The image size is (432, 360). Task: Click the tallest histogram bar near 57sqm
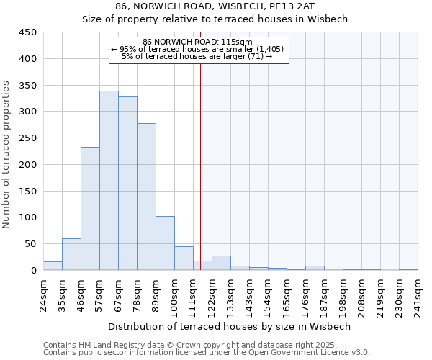(109, 181)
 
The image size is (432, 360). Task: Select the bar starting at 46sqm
(90, 209)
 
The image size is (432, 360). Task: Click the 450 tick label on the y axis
(27, 32)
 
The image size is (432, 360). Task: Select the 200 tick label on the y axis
(27, 164)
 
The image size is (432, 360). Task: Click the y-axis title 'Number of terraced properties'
(7, 155)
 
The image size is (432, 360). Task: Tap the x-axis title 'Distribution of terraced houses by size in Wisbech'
(229, 326)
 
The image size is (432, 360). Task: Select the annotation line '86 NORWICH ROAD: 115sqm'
(197, 42)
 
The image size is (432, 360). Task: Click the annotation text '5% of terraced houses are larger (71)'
(197, 56)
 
